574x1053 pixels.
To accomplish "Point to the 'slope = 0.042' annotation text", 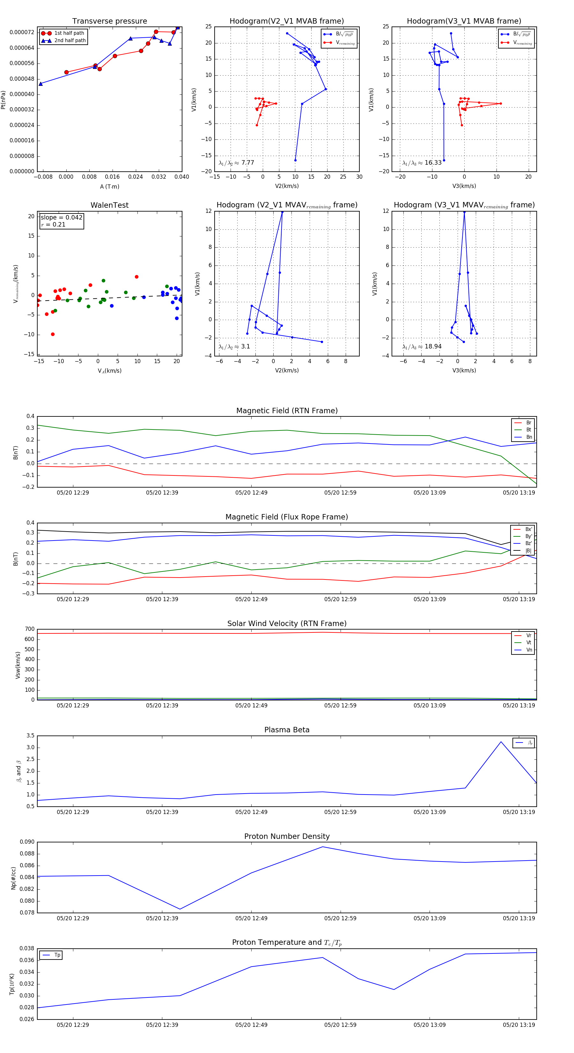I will pos(61,218).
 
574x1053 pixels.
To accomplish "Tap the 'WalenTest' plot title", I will pos(109,205).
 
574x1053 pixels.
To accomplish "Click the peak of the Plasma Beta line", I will pos(501,742).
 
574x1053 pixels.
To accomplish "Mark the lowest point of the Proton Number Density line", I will pos(180,909).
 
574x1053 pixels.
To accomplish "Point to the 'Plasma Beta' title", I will pos(287,730).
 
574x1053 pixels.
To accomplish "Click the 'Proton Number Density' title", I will pos(287,836).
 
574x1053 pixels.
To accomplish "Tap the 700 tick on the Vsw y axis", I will pos(30,629).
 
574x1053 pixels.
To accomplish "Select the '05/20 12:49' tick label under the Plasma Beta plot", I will pos(251,812).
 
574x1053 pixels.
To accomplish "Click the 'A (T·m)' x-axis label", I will pos(109,186).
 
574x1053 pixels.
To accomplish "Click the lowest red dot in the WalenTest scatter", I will pos(53,334).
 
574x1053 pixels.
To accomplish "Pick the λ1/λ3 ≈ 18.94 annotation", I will pos(422,347).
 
